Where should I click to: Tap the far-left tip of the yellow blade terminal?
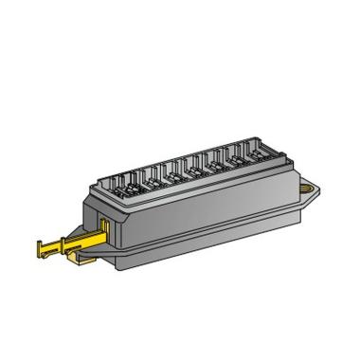[x=38, y=249]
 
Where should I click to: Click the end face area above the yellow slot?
[x=100, y=204]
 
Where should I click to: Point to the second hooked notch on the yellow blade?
[x=57, y=250]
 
